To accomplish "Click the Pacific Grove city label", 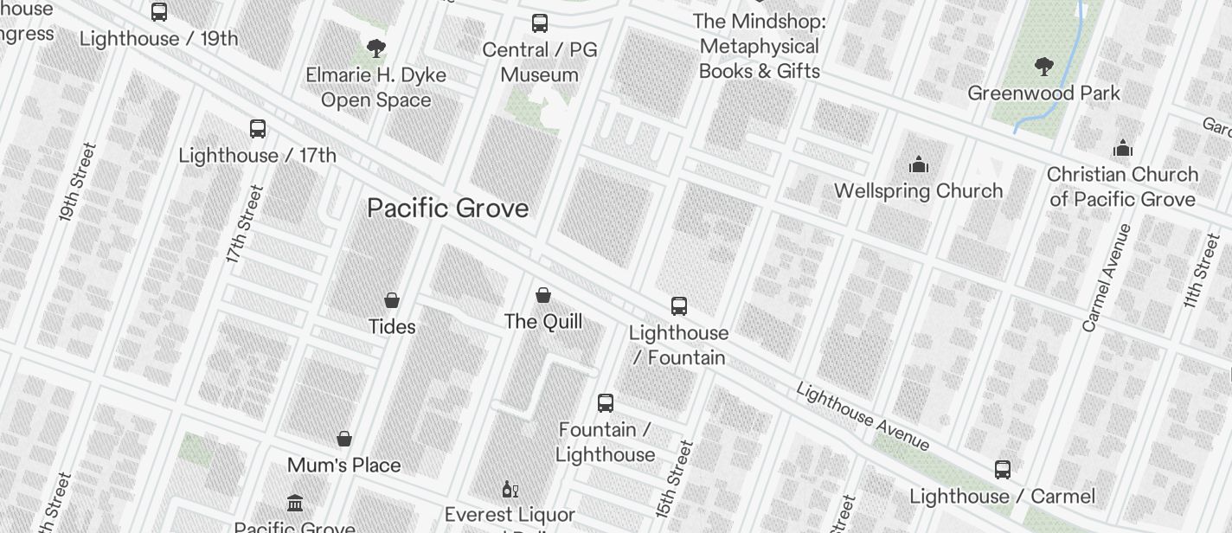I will pyautogui.click(x=447, y=209).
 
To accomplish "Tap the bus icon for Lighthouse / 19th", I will pyautogui.click(x=159, y=12).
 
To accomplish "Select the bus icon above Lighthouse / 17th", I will pyautogui.click(x=258, y=129).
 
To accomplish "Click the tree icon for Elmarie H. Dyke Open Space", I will pyautogui.click(x=376, y=48).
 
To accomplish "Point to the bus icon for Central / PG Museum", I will pyautogui.click(x=540, y=23).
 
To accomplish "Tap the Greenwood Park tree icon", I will pyautogui.click(x=1044, y=66).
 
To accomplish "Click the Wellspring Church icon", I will pyautogui.click(x=918, y=164).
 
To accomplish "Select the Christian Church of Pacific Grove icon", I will pyautogui.click(x=1123, y=148).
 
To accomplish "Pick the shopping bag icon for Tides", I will pyautogui.click(x=392, y=300).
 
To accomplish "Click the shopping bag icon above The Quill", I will pyautogui.click(x=543, y=295).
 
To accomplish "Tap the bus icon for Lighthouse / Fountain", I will pyautogui.click(x=679, y=305).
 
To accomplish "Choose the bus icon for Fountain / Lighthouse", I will pyautogui.click(x=606, y=403).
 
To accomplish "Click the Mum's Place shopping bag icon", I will pyautogui.click(x=344, y=439).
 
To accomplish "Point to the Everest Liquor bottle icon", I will pyautogui.click(x=510, y=490).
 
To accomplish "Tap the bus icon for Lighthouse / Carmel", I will pyautogui.click(x=1003, y=470).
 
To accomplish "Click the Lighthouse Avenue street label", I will pyautogui.click(x=863, y=417).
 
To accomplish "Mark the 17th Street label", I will pyautogui.click(x=242, y=224).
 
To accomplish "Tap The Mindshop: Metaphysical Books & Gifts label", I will pyautogui.click(x=760, y=46).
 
